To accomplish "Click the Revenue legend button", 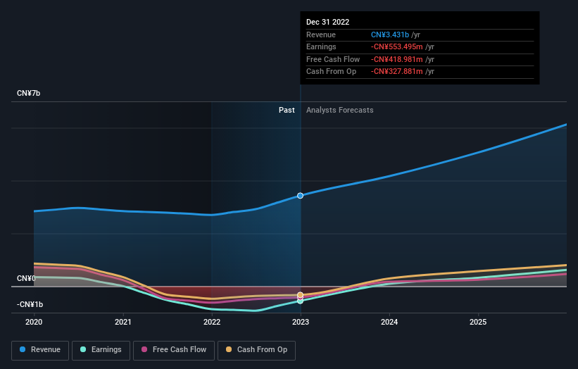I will tap(40, 349).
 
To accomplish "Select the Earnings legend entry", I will tap(101, 349).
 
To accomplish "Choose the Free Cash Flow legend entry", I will tap(173, 349).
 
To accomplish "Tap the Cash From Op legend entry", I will tap(257, 349).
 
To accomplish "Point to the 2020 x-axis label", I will tap(34, 322).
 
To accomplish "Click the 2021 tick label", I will tap(123, 322).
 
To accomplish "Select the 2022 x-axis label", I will tap(212, 322).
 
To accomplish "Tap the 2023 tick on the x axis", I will tap(301, 322).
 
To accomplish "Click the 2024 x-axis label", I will tap(389, 322).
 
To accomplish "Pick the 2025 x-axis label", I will tap(478, 322).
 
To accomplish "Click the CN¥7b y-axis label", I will tap(29, 94).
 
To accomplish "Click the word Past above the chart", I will tap(287, 110).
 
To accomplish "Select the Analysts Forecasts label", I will tap(339, 110).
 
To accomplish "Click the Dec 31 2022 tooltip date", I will tap(327, 23).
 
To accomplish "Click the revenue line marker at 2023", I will tap(301, 195).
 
